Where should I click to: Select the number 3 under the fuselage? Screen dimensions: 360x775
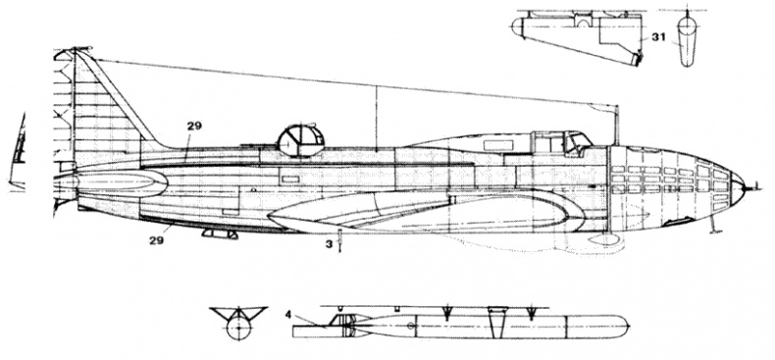point(330,245)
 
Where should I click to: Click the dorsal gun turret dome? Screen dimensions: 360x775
point(298,137)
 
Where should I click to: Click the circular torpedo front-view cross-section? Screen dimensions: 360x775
point(236,329)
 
